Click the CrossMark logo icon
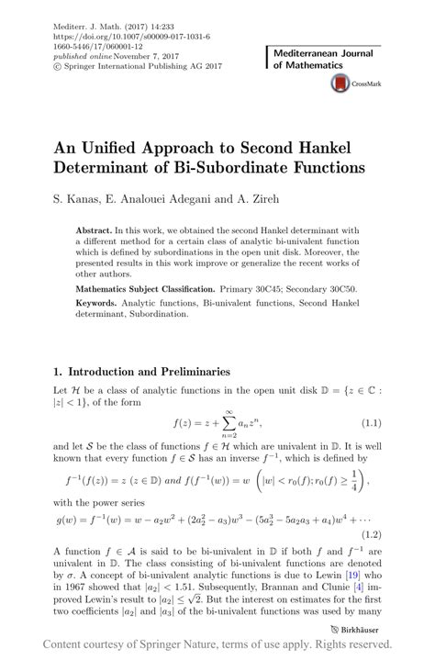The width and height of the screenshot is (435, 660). pos(339,83)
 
